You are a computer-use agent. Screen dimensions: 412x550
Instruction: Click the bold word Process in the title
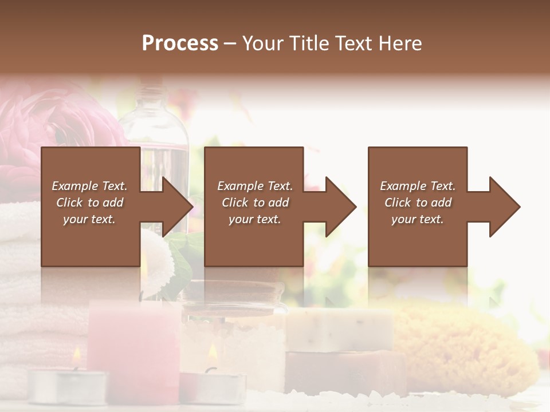(x=180, y=43)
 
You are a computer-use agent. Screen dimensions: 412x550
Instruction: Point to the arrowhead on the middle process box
(x=341, y=207)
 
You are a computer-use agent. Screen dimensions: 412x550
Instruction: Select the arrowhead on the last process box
(x=505, y=207)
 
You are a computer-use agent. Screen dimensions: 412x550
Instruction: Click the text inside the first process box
(x=89, y=203)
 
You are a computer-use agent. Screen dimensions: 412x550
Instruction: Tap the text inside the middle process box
(x=255, y=203)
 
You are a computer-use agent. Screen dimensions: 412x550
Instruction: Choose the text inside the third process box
(x=418, y=203)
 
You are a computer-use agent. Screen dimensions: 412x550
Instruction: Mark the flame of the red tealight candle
(x=211, y=350)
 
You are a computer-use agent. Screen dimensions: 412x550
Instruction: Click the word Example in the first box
(x=75, y=186)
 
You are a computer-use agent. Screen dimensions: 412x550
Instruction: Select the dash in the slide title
(x=230, y=43)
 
